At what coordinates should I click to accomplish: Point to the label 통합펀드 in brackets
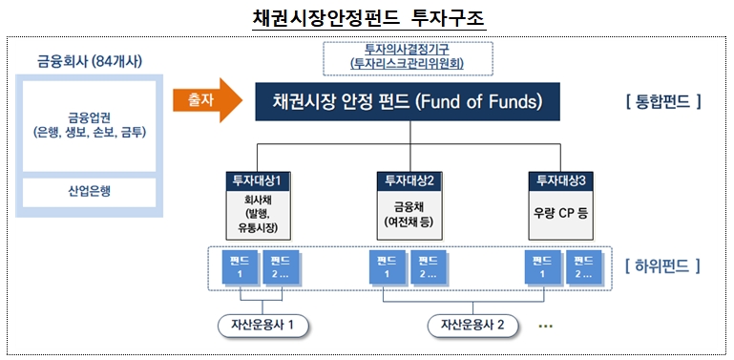coord(660,100)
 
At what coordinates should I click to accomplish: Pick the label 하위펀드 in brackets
coord(660,265)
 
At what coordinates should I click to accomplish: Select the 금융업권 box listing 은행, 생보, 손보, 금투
coord(88,124)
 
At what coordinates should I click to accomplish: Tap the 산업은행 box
coord(88,191)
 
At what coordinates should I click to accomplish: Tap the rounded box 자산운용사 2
coord(471,325)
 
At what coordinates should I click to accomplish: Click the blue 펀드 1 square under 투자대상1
coord(239,266)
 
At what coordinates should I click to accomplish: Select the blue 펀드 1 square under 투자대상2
coord(387,266)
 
